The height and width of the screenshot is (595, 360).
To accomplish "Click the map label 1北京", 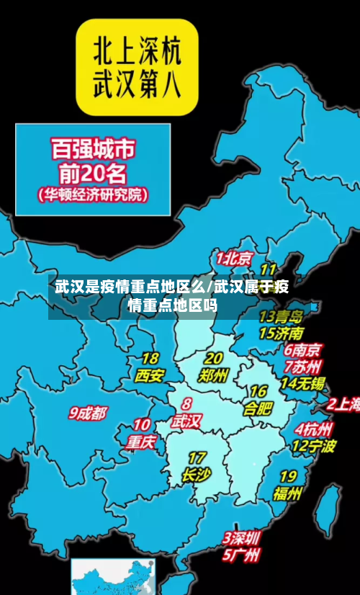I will [235, 258].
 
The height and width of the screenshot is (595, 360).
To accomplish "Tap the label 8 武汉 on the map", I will [186, 415].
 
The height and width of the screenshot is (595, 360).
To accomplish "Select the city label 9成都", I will [88, 413].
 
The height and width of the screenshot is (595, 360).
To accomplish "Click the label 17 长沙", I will [196, 467].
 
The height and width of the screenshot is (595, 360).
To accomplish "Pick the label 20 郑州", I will [214, 367].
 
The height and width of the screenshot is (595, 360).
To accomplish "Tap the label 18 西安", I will [150, 367].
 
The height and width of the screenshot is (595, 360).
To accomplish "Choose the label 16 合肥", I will [258, 401].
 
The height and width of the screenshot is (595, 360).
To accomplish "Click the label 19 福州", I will [287, 485].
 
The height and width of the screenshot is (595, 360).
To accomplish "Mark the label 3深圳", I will [241, 538].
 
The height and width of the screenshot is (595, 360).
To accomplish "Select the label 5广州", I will [241, 555].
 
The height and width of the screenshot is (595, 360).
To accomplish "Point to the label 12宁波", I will [313, 446].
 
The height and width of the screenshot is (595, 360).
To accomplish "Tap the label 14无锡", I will [302, 383].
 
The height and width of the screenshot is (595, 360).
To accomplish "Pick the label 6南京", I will [302, 350].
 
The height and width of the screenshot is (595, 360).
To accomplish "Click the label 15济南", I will [281, 333].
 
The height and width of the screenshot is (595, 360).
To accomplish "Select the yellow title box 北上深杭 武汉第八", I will [137, 66].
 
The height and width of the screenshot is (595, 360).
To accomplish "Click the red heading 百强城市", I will [92, 150].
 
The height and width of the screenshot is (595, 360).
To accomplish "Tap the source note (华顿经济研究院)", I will [92, 194].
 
